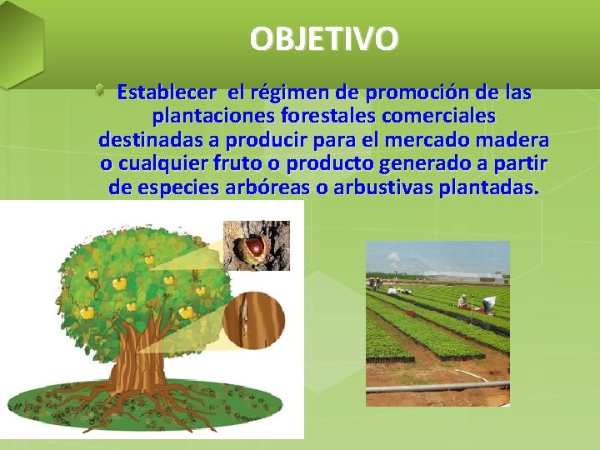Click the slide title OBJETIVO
[x=323, y=38]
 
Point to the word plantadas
[x=493, y=187]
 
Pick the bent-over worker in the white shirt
[x=487, y=302]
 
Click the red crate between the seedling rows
[x=410, y=314]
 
